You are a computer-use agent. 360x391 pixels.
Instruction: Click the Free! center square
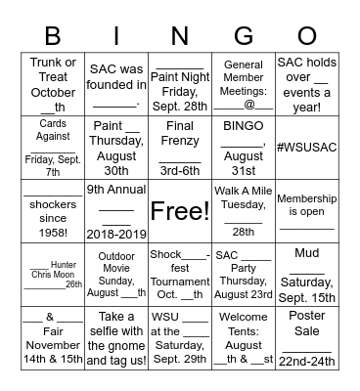[x=179, y=211]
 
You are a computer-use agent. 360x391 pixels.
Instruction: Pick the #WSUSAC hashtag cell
[x=306, y=147]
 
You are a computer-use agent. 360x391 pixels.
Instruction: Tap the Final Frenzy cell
[x=179, y=147]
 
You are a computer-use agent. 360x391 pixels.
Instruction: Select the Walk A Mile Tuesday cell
[x=243, y=211]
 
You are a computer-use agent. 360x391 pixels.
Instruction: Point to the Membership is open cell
[x=306, y=211]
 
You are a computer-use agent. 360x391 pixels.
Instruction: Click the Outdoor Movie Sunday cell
[x=115, y=275]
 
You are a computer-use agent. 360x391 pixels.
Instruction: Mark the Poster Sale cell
[x=306, y=338]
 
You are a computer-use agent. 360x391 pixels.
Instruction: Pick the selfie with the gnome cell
[x=115, y=338]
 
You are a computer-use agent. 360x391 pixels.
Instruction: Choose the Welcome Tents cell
[x=243, y=338]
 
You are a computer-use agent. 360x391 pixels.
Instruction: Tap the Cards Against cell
[x=53, y=147]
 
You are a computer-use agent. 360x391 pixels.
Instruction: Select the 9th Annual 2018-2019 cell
[x=115, y=211]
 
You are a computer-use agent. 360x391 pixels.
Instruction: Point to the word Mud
[x=306, y=253]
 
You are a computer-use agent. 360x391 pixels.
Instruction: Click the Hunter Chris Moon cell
[x=53, y=275]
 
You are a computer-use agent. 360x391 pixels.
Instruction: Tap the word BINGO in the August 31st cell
[x=243, y=126]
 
